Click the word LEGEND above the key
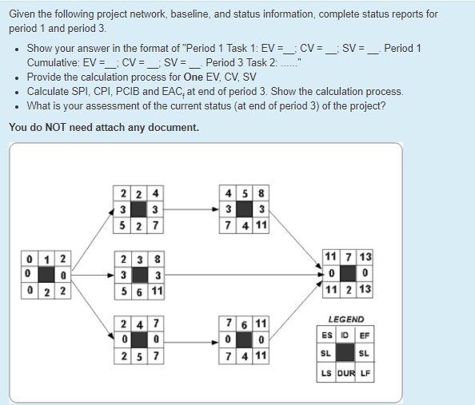(345, 319)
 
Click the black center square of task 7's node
(345, 273)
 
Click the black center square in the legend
(345, 353)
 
